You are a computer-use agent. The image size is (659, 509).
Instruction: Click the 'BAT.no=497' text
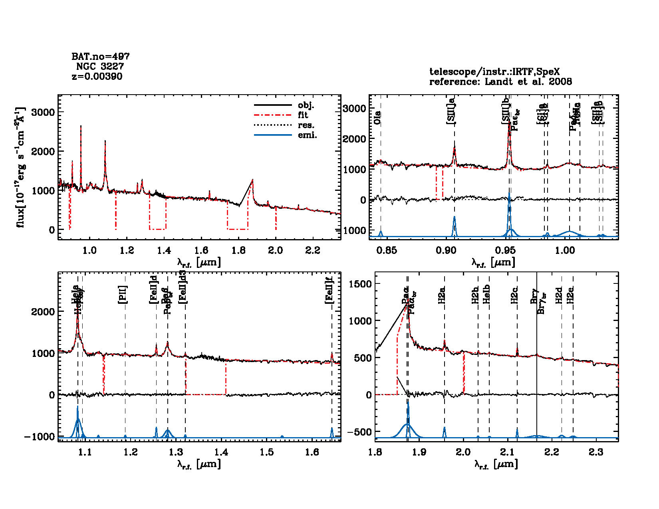[100, 57]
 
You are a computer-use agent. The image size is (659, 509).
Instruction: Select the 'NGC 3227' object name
[100, 66]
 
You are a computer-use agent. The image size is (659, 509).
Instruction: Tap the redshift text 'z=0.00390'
[97, 76]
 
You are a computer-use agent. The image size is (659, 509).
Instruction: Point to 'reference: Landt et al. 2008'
[500, 82]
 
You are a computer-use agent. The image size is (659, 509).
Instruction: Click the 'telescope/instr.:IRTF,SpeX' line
[494, 72]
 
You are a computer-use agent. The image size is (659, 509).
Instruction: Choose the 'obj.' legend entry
[306, 105]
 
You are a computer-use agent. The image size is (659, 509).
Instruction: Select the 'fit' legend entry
[303, 115]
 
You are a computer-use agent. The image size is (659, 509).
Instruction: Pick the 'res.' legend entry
[306, 125]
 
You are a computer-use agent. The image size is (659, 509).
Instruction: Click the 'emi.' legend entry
[307, 135]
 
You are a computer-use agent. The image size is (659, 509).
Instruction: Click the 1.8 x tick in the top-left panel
[238, 250]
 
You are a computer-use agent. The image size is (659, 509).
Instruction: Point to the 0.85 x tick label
[387, 250]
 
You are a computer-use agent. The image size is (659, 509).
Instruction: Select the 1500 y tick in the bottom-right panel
[360, 284]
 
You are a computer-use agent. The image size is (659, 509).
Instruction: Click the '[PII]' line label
[123, 295]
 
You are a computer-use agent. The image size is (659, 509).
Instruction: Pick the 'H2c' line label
[514, 295]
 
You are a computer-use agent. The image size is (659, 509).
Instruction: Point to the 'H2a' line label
[442, 295]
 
